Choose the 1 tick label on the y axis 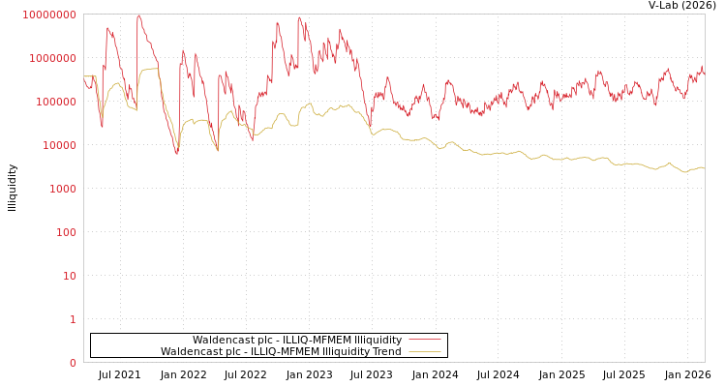click(x=73, y=319)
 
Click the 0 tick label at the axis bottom click(x=73, y=363)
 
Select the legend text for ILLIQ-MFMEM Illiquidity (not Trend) click(x=296, y=340)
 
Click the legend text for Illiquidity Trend click(x=281, y=351)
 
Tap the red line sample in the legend click(x=425, y=340)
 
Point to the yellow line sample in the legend click(x=425, y=351)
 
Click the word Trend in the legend click(x=385, y=351)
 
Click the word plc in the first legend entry click(x=257, y=340)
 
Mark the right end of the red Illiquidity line click(x=704, y=74)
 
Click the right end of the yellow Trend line click(x=704, y=168)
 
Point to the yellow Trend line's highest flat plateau click(x=150, y=69)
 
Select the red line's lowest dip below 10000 click(x=176, y=153)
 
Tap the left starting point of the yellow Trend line click(x=84, y=76)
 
